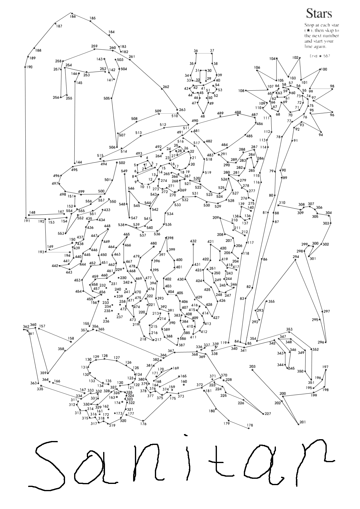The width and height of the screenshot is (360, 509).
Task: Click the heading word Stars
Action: pyautogui.click(x=319, y=14)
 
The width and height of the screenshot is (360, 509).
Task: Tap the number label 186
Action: pyautogui.click(x=73, y=17)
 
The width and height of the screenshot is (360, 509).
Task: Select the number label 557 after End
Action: pyautogui.click(x=326, y=56)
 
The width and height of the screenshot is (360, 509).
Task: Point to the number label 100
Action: pyautogui.click(x=324, y=69)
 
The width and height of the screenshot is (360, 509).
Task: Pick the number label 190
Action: pyautogui.click(x=29, y=67)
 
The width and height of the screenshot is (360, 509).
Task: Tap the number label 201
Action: pyautogui.click(x=303, y=422)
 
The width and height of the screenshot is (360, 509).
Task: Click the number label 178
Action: pyautogui.click(x=250, y=425)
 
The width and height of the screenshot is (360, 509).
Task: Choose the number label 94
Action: pyautogui.click(x=321, y=135)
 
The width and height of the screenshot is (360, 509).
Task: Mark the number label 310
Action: pyautogui.click(x=282, y=203)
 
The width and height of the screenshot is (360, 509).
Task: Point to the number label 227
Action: pyautogui.click(x=268, y=414)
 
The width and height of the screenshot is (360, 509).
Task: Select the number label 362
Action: pyautogui.click(x=26, y=326)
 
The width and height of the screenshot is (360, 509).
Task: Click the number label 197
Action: pyautogui.click(x=325, y=367)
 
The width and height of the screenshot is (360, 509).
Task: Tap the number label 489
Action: pyautogui.click(x=220, y=113)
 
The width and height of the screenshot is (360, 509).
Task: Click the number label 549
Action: pyautogui.click(x=124, y=171)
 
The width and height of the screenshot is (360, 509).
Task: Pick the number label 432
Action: pyautogui.click(x=193, y=241)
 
